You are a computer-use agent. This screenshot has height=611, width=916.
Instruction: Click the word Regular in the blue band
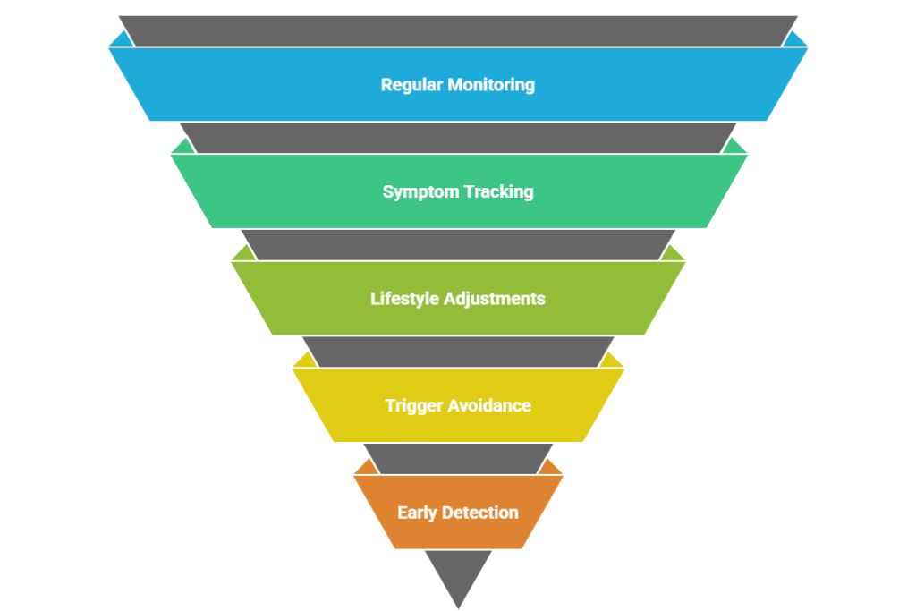click(x=413, y=85)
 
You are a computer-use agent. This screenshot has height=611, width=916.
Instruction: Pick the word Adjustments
click(x=494, y=299)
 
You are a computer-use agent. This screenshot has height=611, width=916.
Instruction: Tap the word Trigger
click(x=413, y=405)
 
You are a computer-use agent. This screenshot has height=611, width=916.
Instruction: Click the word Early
click(x=419, y=513)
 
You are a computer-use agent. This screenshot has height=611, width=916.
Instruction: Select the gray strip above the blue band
click(x=458, y=30)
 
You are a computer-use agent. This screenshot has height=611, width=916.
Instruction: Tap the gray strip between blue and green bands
click(x=458, y=138)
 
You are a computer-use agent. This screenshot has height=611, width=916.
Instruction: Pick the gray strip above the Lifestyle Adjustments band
click(x=458, y=244)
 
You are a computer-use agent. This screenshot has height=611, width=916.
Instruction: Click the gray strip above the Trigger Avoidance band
click(x=458, y=352)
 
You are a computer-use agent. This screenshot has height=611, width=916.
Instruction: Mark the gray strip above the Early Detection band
click(x=458, y=458)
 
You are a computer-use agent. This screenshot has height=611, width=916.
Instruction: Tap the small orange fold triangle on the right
click(x=552, y=468)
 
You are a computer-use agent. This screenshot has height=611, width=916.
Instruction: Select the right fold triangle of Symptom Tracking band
click(x=735, y=147)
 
